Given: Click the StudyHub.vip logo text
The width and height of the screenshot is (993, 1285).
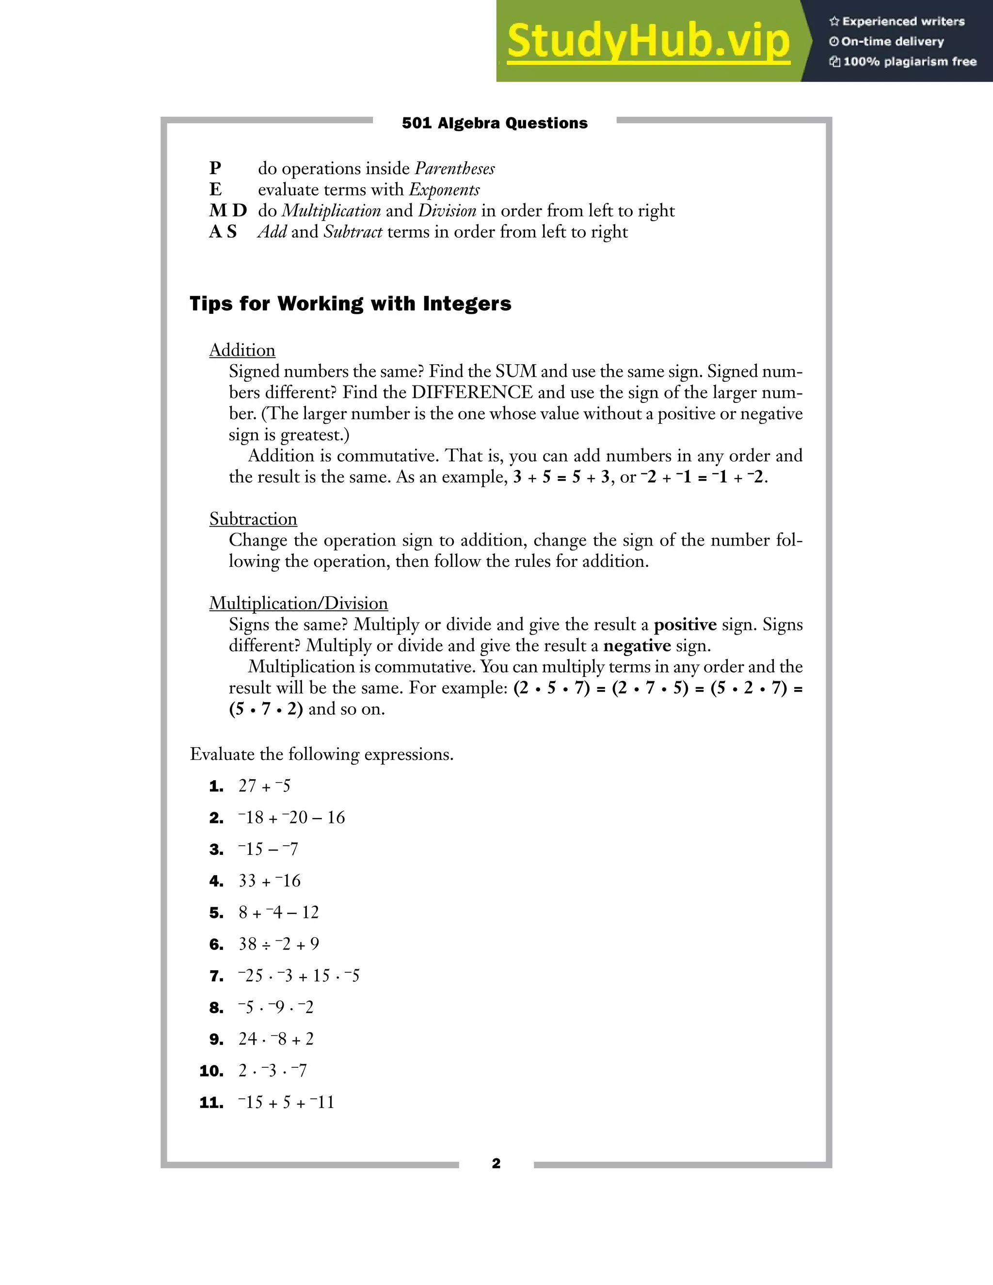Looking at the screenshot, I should click(648, 41).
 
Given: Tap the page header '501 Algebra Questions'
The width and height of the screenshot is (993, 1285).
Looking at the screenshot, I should click(494, 123).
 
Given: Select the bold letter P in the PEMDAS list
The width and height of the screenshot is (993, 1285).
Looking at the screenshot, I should click(215, 168).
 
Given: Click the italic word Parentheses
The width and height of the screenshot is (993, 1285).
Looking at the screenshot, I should click(454, 169).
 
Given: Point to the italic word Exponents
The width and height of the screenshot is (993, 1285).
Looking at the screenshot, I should click(444, 190).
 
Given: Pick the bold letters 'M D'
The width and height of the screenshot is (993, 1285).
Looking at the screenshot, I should click(228, 210).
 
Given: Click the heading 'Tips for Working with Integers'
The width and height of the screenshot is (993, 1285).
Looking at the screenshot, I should click(350, 304).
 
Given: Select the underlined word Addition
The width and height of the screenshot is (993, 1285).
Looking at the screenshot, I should click(242, 350).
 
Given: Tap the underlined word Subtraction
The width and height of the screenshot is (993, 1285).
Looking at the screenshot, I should click(253, 519).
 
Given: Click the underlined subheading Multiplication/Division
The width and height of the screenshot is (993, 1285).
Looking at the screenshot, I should click(298, 603).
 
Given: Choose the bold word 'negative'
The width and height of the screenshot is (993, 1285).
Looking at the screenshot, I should click(637, 645).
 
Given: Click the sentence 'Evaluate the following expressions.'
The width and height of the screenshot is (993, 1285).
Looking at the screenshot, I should click(321, 755).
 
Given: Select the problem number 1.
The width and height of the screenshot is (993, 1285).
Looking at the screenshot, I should click(216, 787).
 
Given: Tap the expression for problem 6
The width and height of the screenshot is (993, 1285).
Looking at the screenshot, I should click(279, 944).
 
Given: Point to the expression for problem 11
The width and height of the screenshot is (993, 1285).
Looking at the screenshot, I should click(287, 1102).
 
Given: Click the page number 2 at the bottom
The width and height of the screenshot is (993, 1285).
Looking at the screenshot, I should click(496, 1163).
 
